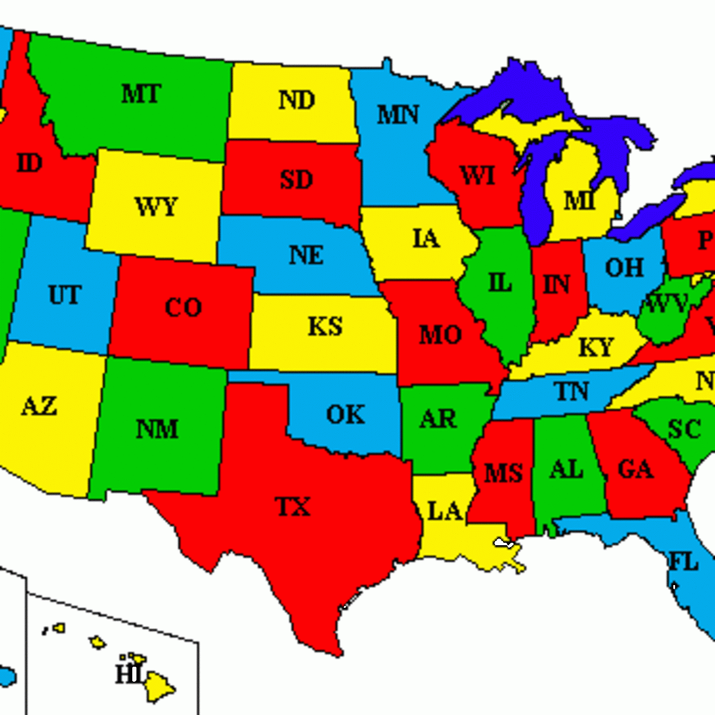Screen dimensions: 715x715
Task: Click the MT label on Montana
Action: [141, 94]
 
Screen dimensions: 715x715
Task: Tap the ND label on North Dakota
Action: [297, 100]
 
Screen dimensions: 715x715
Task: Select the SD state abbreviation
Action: [296, 179]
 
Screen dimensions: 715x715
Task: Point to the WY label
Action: [156, 207]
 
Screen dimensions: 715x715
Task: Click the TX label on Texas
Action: [293, 507]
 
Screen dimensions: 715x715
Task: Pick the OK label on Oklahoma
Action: [346, 415]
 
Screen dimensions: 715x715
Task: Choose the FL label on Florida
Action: [683, 561]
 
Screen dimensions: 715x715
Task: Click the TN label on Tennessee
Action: [571, 391]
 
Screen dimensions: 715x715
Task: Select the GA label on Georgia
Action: [635, 470]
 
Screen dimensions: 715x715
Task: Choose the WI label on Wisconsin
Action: [477, 176]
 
